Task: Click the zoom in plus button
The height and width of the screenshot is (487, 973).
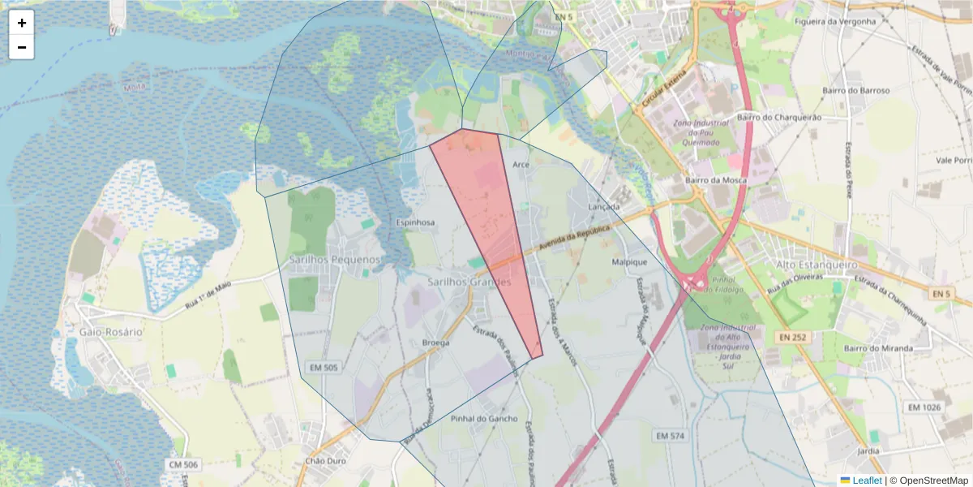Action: coord(22,23)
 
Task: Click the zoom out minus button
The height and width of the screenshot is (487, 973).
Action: coord(22,47)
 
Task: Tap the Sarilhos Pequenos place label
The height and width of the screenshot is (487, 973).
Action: coord(334,259)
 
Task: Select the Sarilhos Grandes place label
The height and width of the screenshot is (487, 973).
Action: coord(469,282)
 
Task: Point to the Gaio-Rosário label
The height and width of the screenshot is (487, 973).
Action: coord(111,332)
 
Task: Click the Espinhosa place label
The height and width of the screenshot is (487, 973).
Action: coord(415,222)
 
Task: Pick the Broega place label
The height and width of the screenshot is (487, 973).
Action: coord(436,343)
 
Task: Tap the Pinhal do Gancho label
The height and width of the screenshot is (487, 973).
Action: coord(483,419)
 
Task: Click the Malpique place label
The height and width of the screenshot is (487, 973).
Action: coord(629,262)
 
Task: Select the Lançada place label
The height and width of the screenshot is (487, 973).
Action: coord(604,207)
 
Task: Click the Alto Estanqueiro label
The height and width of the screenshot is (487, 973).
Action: coord(817,265)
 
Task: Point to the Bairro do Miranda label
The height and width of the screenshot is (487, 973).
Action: coord(878,348)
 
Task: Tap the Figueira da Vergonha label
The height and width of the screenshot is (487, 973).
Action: coord(836,21)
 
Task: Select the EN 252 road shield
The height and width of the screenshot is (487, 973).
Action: coord(794,336)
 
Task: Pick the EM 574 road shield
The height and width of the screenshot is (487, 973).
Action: coord(670,436)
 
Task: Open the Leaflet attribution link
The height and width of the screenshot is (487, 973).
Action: coord(866,481)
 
